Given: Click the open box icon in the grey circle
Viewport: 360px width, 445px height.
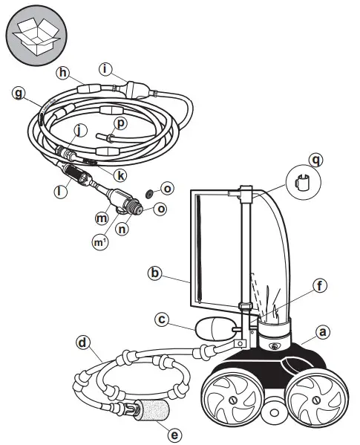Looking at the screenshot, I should [34, 35].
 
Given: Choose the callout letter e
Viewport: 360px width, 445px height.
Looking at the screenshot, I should [174, 432].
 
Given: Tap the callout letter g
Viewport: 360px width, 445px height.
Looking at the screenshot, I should [20, 94].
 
